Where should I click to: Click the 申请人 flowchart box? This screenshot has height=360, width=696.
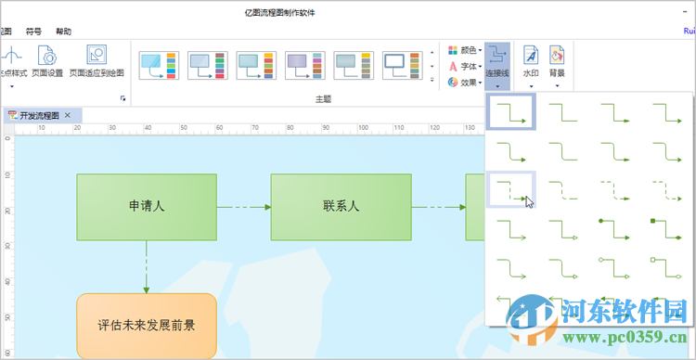[147, 206]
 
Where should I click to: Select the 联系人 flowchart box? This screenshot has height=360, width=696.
[341, 206]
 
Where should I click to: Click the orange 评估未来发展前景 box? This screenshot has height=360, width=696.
[146, 326]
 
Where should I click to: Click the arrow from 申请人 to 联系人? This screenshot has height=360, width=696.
[243, 206]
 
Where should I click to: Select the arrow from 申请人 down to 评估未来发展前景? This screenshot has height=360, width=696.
[146, 266]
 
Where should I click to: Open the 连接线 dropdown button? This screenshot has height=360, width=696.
[498, 65]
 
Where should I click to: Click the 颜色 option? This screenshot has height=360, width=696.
[464, 50]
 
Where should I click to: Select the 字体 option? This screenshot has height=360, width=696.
[464, 66]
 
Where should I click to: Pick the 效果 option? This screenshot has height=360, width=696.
[464, 82]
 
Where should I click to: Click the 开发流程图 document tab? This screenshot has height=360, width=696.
[37, 116]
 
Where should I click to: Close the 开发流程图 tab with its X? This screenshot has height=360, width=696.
[68, 116]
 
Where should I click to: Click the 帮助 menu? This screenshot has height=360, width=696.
[63, 31]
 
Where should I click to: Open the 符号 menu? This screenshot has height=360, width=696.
[32, 31]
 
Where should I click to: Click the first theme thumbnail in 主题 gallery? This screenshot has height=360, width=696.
[159, 65]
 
